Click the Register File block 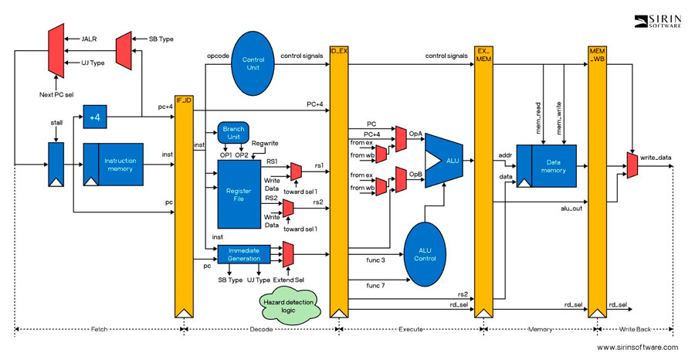[232, 193]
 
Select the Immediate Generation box [243, 254]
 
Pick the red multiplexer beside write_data [632, 162]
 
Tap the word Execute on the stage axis [409, 329]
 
